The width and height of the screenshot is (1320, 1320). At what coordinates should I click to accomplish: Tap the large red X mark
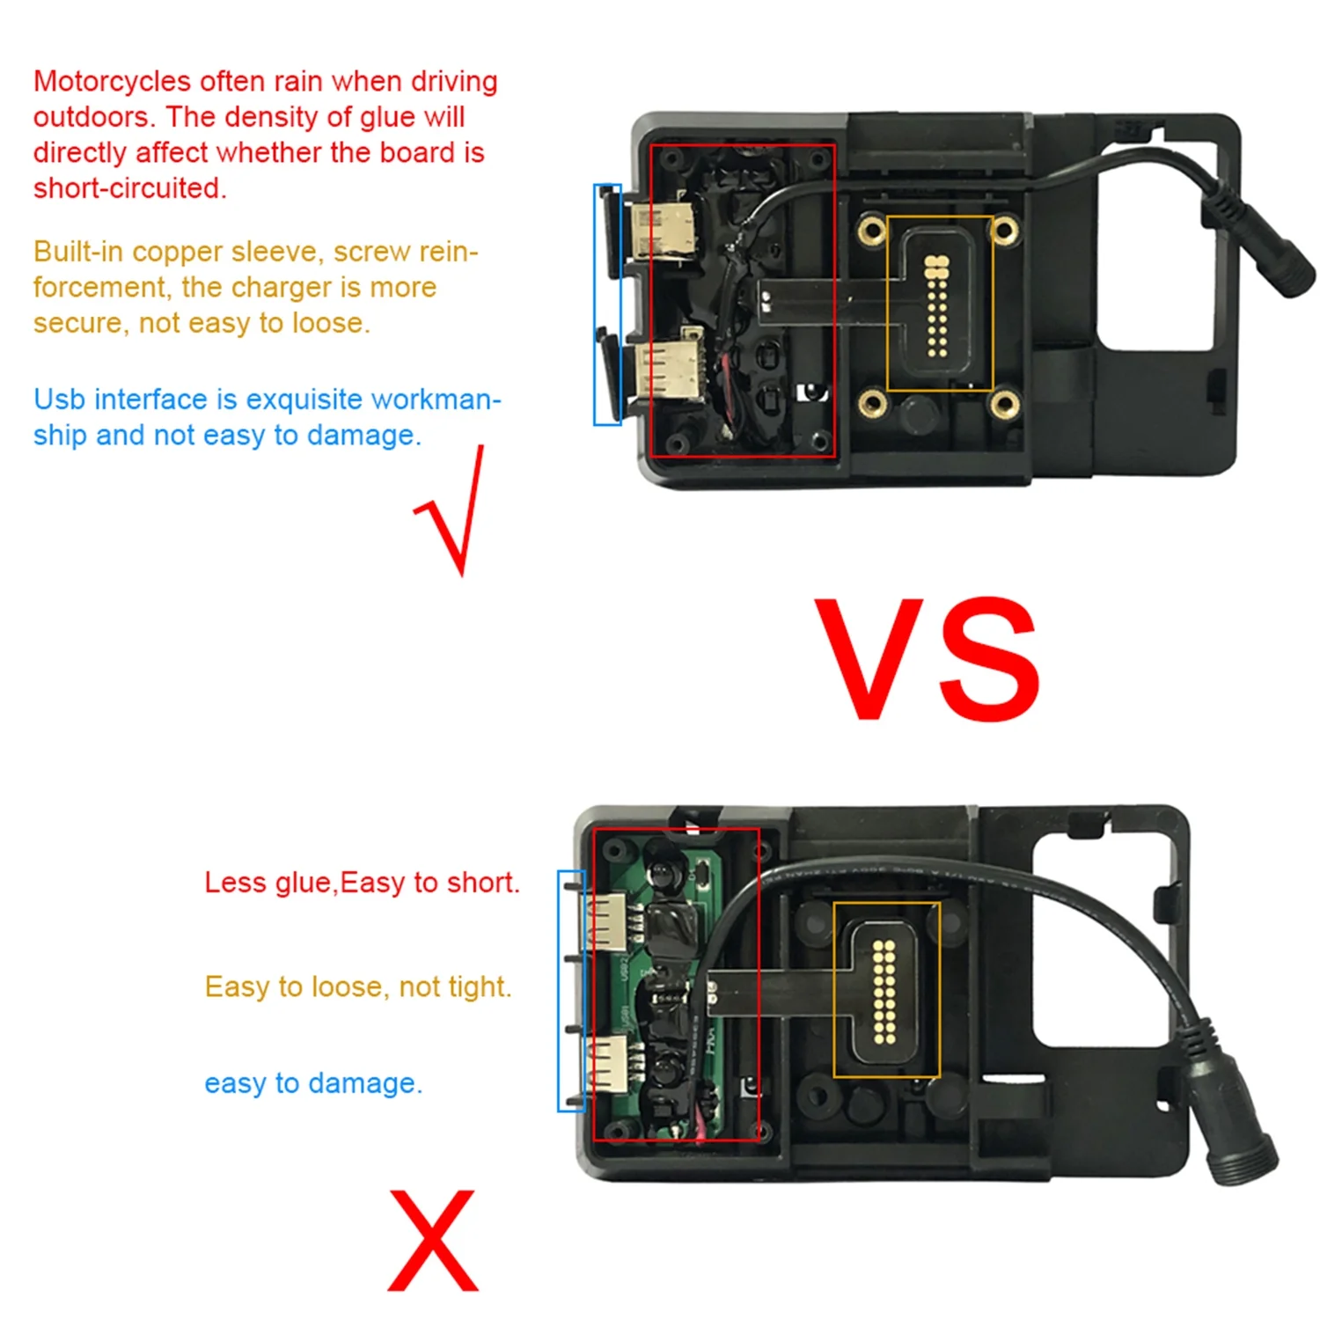coord(433,1241)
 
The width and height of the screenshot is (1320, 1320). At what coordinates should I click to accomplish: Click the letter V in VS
coord(869,658)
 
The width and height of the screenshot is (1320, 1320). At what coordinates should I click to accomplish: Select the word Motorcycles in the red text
coord(113,82)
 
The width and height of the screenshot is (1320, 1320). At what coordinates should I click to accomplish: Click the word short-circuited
coord(130,188)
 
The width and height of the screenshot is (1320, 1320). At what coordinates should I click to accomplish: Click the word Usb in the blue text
coord(60,400)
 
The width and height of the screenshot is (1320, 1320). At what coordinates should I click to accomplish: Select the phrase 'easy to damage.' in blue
coord(313,1083)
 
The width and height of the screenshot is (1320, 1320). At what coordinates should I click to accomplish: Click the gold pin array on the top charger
coord(936,306)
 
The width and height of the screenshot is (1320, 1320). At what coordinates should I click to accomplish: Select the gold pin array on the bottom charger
coord(884,991)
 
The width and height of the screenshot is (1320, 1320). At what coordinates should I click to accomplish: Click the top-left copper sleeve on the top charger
coord(872,231)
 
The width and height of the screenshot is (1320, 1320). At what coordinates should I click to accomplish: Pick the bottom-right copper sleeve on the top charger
coord(1004,405)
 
